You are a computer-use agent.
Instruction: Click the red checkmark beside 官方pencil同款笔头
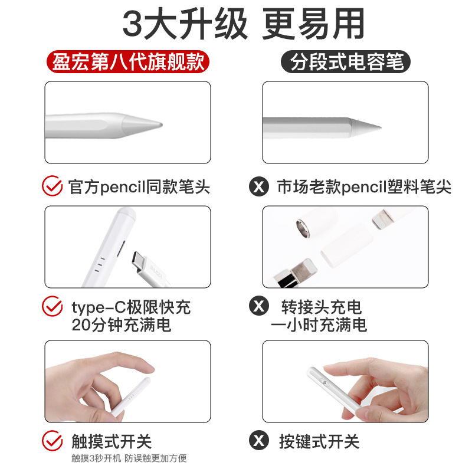click(52, 187)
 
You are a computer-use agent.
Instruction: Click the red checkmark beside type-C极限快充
click(52, 306)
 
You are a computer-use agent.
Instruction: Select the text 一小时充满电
click(319, 324)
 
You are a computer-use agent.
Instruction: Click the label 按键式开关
click(319, 441)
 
